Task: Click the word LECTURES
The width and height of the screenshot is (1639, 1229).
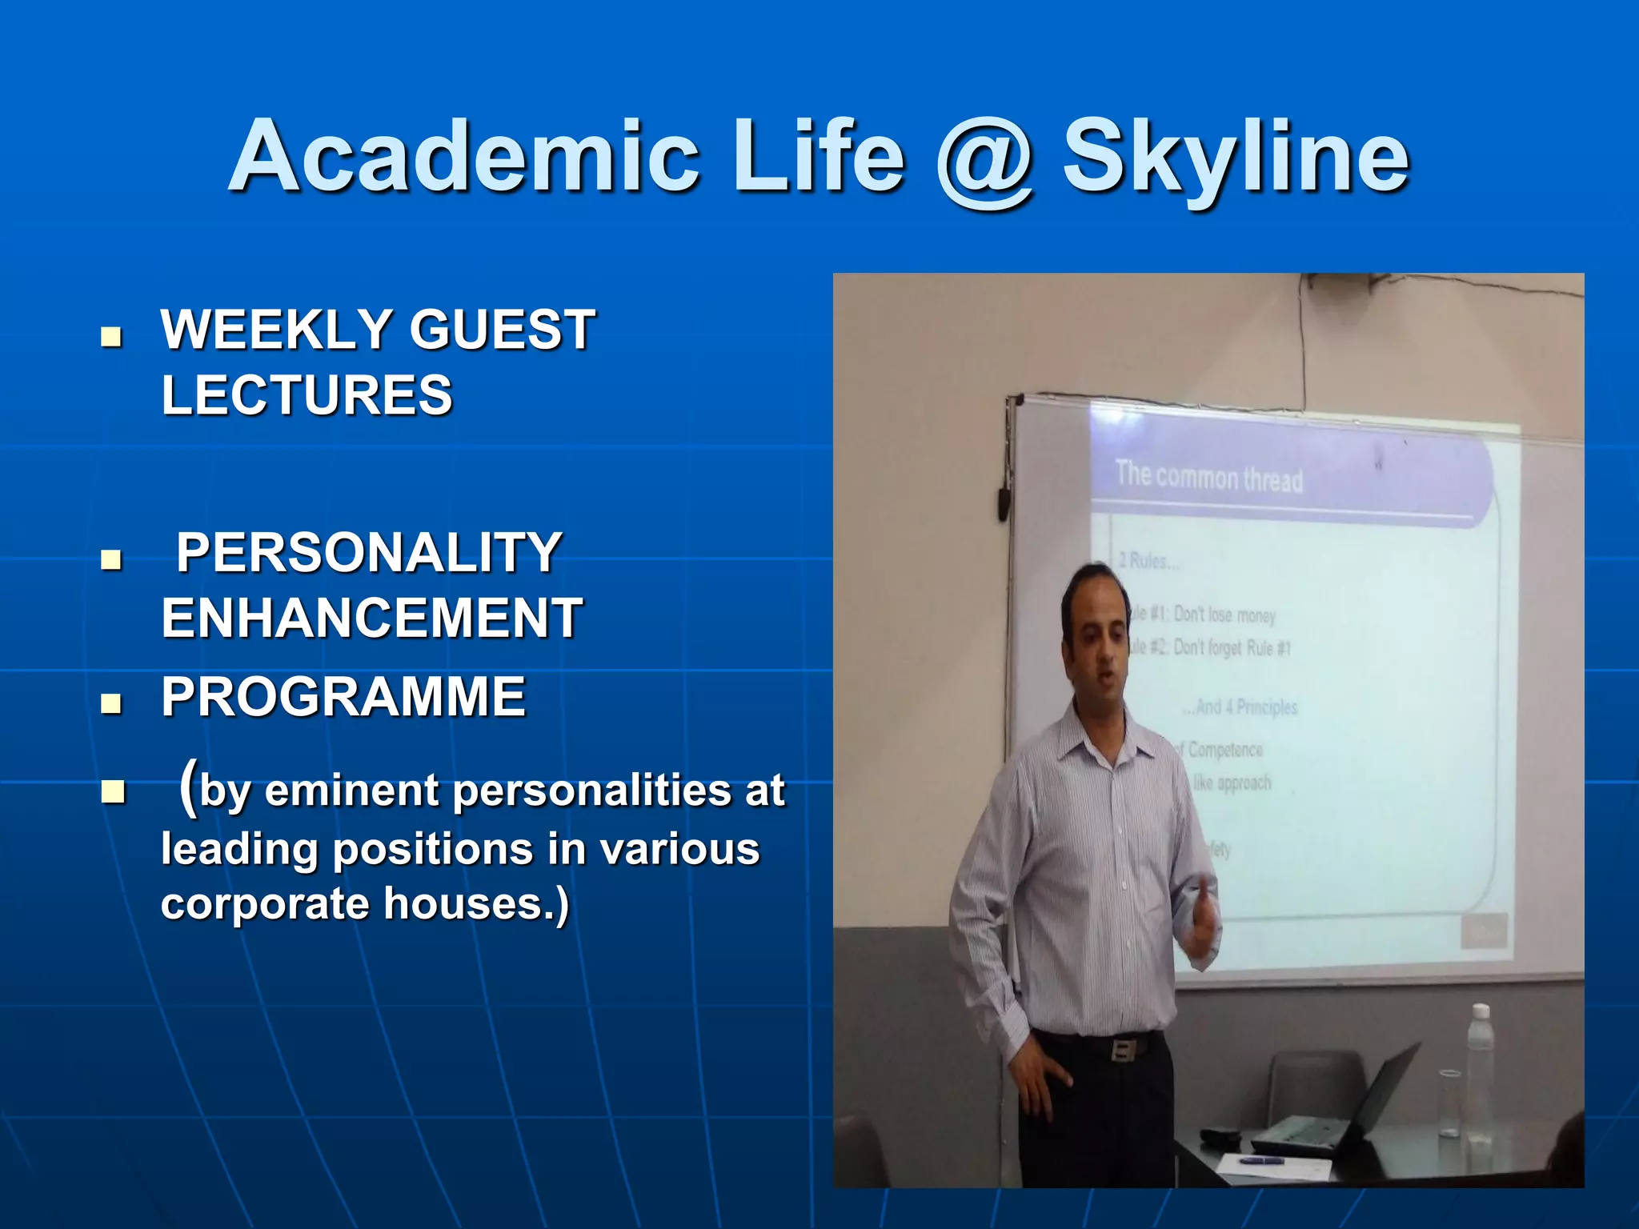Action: pos(307,395)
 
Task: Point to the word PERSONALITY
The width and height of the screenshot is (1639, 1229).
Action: pos(369,553)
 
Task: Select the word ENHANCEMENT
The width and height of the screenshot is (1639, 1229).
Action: pos(372,619)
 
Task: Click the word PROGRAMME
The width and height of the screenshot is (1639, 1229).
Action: pos(343,697)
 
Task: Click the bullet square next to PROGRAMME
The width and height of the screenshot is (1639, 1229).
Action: pos(112,703)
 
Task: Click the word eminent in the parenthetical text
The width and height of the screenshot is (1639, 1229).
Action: pos(351,791)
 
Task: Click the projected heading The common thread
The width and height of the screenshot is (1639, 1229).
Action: pos(1208,478)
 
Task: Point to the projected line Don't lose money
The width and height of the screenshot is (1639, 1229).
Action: pos(1224,615)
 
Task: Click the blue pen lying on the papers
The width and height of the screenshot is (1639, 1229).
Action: pos(1261,1160)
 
